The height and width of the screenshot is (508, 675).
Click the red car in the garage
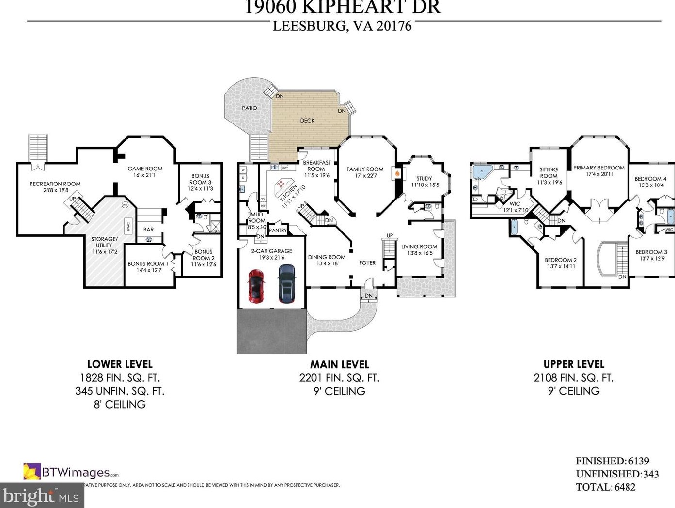[256, 286]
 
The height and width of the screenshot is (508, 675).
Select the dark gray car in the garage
[286, 283]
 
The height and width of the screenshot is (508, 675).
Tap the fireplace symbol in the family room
[397, 173]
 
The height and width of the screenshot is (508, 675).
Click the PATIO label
[250, 108]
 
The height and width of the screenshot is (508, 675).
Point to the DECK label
[307, 121]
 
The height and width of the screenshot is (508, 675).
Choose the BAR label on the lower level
[149, 230]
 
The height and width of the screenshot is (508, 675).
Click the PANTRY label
[278, 231]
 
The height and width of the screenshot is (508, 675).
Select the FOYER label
[367, 263]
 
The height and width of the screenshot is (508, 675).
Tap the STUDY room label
[424, 179]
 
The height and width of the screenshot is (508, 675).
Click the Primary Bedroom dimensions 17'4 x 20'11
[599, 174]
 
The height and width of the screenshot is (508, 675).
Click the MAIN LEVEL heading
[340, 364]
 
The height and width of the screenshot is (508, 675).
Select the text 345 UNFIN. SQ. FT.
[120, 391]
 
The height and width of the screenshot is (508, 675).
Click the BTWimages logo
[71, 472]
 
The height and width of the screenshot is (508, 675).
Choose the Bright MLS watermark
[41, 496]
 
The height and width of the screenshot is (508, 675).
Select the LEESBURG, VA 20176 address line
[342, 26]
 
